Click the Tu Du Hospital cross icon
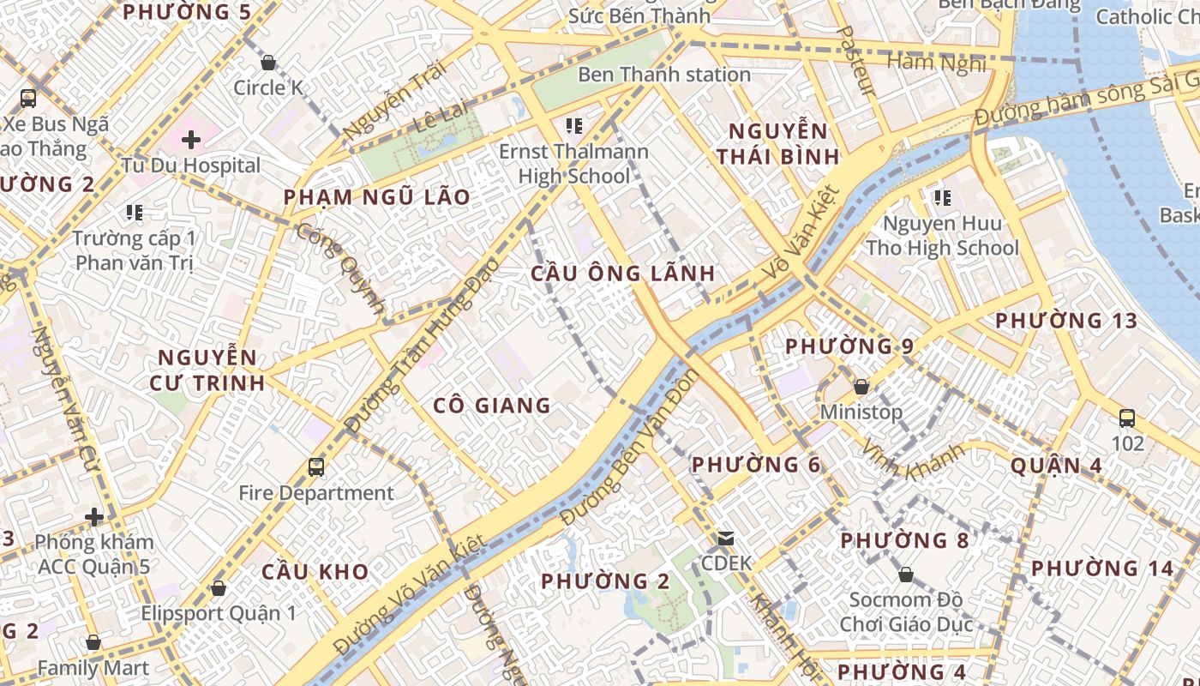click(190, 139)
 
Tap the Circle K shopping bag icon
click(268, 63)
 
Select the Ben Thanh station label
click(664, 75)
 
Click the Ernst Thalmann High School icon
click(574, 127)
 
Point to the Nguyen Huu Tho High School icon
click(943, 198)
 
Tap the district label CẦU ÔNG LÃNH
click(622, 274)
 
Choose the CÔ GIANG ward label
click(492, 406)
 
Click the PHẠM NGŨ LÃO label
click(377, 197)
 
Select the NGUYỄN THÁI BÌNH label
click(777, 144)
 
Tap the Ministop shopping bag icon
click(861, 387)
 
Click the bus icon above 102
click(1127, 418)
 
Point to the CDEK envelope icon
click(726, 539)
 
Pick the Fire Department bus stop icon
click(316, 467)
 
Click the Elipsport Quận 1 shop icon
click(219, 588)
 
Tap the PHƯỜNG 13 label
click(1065, 321)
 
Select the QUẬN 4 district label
click(1056, 466)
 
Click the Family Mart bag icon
click(93, 642)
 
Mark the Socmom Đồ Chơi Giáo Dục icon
click(905, 575)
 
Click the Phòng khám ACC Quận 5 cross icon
click(94, 517)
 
